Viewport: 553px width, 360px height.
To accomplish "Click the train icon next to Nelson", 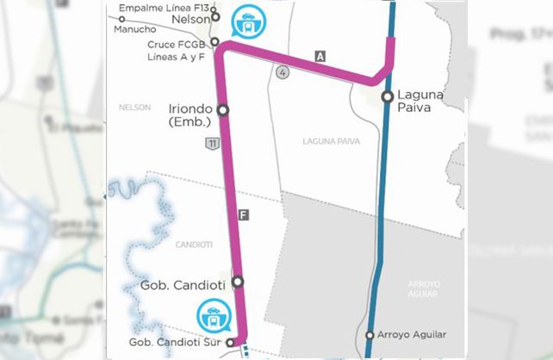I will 249,22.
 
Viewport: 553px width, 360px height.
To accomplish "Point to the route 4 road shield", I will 282,72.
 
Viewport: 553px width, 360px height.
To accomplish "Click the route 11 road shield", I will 211,143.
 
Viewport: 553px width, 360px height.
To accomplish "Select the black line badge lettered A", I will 320,57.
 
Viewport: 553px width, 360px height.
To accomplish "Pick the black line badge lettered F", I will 244,214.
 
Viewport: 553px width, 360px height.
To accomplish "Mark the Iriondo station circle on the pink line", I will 222,110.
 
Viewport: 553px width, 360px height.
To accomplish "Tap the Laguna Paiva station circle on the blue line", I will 388,96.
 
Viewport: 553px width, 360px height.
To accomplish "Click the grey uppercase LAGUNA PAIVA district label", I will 331,140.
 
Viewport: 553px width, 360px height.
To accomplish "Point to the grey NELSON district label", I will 135,107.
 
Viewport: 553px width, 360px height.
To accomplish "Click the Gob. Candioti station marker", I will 238,281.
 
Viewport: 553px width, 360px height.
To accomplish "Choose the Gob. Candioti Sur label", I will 171,343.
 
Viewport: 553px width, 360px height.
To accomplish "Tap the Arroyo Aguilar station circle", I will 370,335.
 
